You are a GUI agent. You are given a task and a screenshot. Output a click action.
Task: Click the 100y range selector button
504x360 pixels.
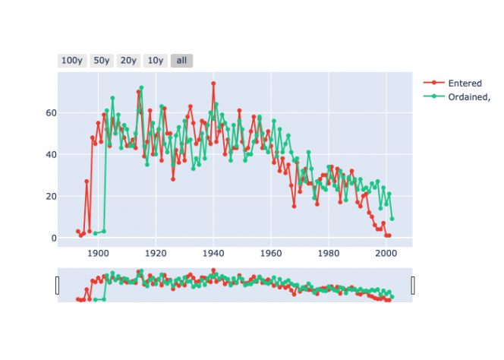coord(72,61)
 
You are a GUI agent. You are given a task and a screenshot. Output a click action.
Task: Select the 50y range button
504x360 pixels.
coord(102,61)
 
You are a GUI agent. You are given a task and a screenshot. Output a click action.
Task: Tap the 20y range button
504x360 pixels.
coord(128,61)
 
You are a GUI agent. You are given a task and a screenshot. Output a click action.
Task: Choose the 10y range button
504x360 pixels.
coord(155,61)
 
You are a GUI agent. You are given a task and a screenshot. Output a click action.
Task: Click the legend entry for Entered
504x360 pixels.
coord(462,83)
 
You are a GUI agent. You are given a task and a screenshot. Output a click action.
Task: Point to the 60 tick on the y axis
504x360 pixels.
coord(47,113)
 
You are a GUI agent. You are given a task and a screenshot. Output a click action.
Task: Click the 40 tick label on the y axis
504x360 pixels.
coord(47,155)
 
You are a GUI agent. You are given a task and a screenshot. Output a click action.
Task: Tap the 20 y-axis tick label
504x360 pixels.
coord(47,197)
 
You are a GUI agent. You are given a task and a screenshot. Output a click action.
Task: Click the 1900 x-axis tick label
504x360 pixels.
coord(98,254)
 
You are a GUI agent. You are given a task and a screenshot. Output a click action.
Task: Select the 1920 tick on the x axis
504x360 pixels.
coord(156,254)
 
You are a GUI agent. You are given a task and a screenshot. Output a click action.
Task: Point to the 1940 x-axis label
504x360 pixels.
coord(213,254)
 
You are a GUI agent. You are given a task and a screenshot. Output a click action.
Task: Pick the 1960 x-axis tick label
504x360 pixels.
coord(271,254)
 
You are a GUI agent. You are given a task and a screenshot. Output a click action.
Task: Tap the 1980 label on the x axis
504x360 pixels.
coord(329,254)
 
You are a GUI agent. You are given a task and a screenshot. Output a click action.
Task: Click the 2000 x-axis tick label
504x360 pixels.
coord(386,254)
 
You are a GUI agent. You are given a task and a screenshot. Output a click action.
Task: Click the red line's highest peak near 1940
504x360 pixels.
coord(213,84)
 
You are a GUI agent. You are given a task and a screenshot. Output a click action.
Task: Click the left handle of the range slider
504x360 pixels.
coord(58,286)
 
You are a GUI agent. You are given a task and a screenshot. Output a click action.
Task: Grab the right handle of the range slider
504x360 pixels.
coord(413,286)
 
